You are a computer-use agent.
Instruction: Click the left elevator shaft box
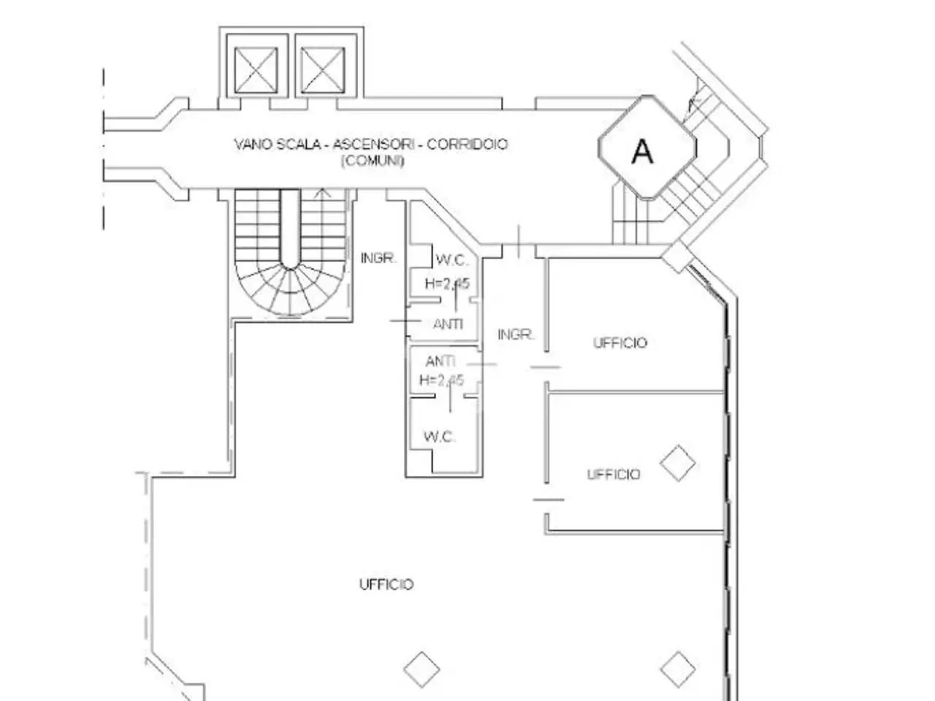coord(256,70)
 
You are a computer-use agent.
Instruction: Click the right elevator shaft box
coord(322,70)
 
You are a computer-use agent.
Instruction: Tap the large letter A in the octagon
coord(642,152)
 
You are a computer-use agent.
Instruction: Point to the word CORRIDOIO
coord(467,145)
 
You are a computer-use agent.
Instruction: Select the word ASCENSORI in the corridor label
coord(373,145)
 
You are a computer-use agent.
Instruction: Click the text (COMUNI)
coord(373,161)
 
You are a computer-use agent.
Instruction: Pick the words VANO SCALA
coord(278,145)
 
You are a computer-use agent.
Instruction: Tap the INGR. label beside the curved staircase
coord(378,258)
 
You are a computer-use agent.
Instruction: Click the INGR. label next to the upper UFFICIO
coord(516,334)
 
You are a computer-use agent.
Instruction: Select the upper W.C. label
coord(452,260)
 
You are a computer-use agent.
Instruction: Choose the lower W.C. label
coord(440,437)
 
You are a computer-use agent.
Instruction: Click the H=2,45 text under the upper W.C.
coord(447,283)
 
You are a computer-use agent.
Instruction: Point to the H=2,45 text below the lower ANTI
coord(441,380)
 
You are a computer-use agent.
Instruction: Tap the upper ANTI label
coord(448,324)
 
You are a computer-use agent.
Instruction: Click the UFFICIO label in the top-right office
coord(620,342)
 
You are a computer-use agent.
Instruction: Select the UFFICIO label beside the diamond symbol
coord(614,474)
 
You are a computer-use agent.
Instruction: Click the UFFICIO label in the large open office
coord(386,584)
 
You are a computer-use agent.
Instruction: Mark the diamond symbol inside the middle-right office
coord(678,463)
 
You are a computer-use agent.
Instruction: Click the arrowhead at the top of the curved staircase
coord(323,193)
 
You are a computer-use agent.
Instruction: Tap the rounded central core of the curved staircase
coord(290,230)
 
